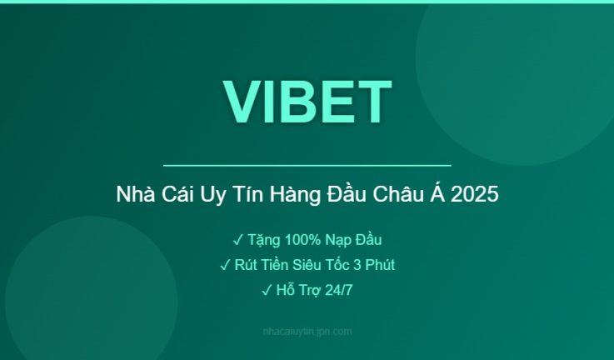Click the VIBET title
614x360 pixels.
pyautogui.click(x=307, y=102)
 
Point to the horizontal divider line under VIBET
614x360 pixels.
pyautogui.click(x=307, y=166)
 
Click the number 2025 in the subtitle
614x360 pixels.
pyautogui.click(x=477, y=196)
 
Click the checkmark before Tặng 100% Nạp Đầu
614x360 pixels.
pyautogui.click(x=237, y=240)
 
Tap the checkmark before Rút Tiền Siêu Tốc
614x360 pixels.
pyautogui.click(x=225, y=265)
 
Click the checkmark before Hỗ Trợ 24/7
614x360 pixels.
pyautogui.click(x=267, y=290)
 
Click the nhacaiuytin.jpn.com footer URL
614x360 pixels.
pyautogui.click(x=307, y=331)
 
